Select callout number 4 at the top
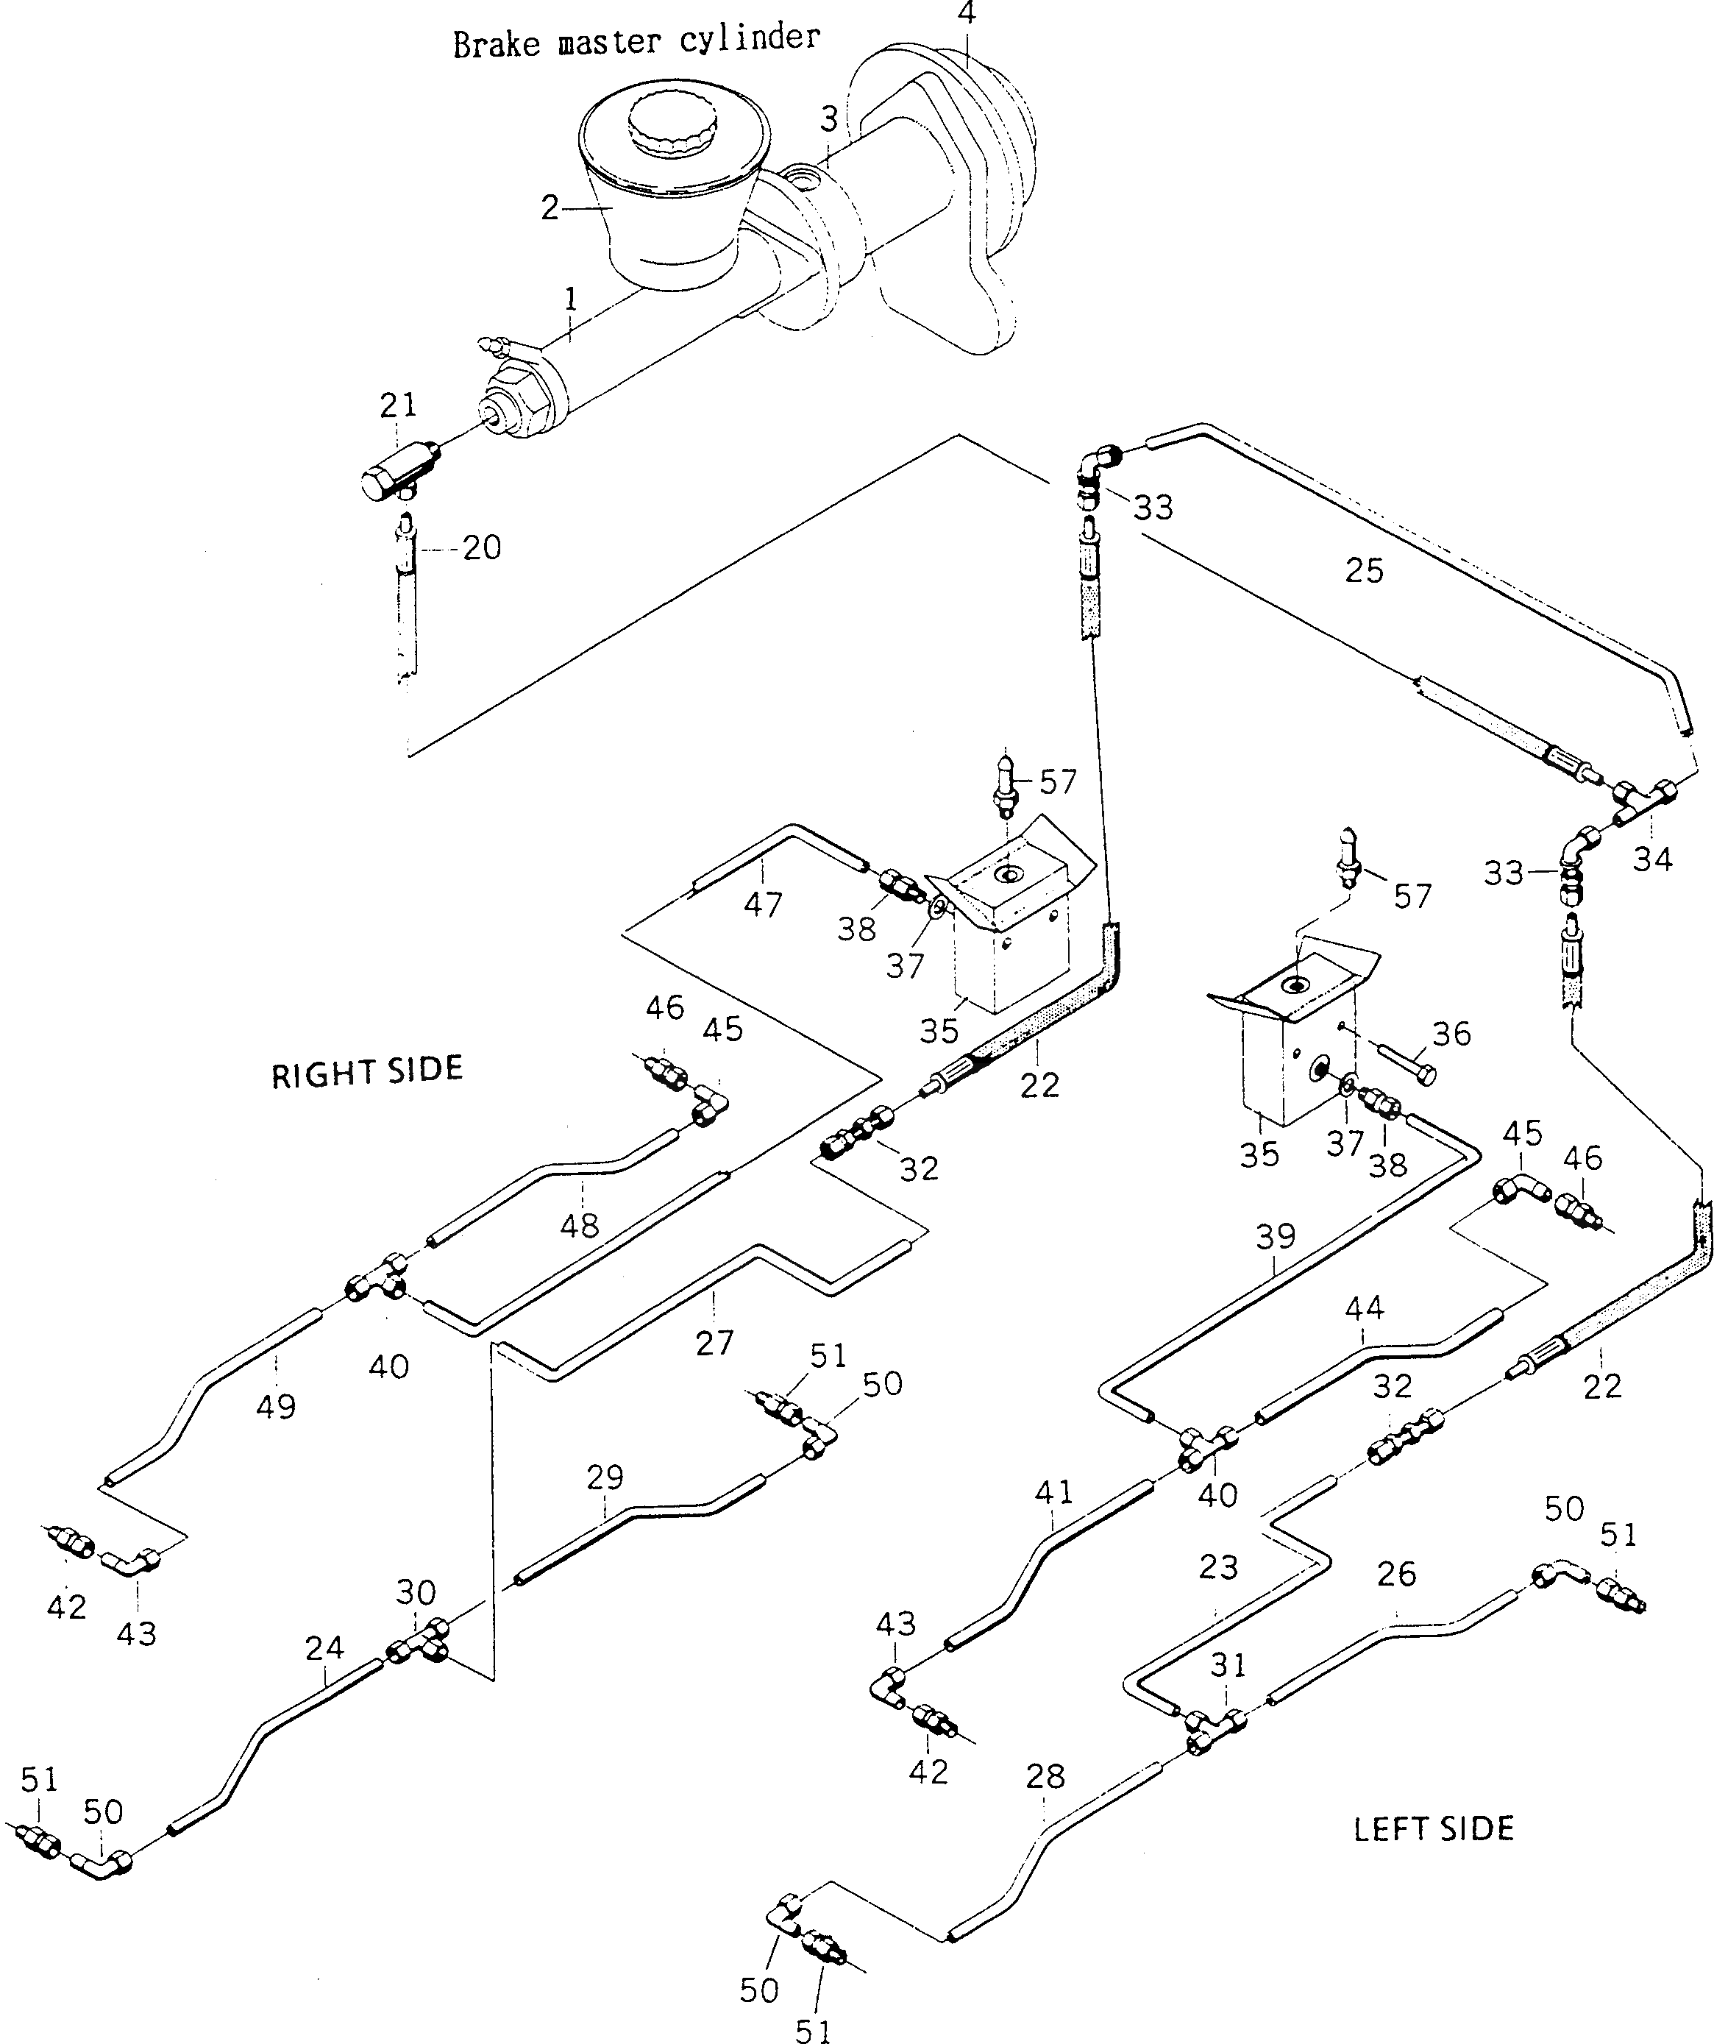click(966, 14)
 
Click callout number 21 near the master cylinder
click(397, 404)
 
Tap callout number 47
click(762, 904)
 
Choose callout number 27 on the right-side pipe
click(714, 1344)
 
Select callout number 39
click(1275, 1237)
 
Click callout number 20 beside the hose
click(481, 548)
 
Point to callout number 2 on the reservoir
click(550, 207)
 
